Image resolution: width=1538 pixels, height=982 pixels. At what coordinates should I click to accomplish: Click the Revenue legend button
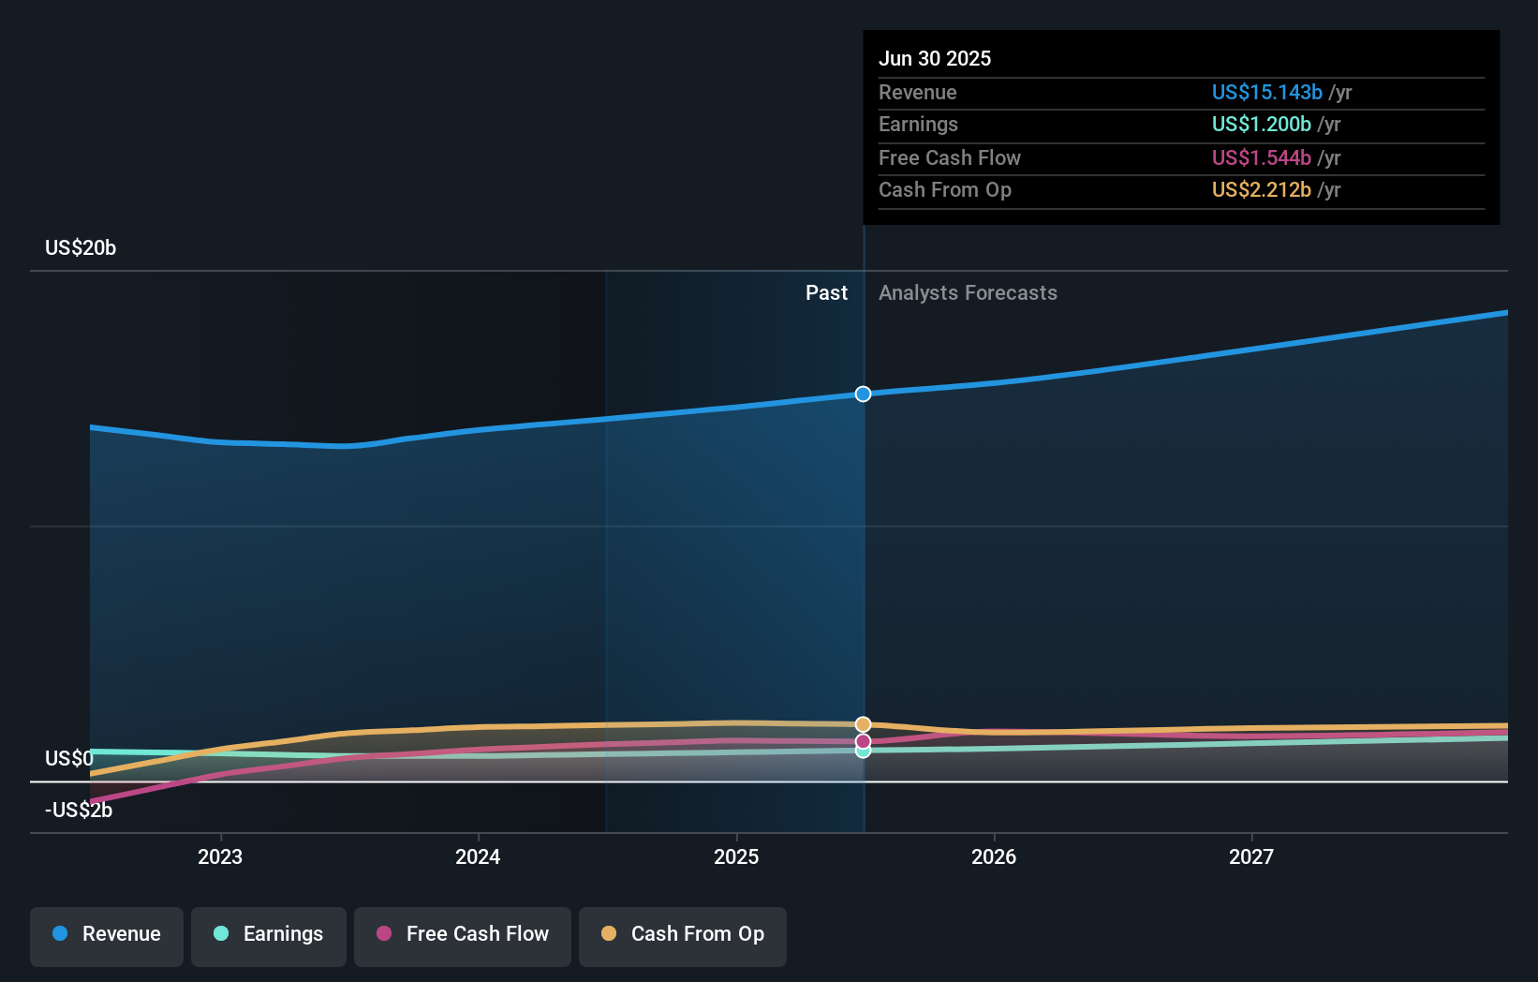point(107,935)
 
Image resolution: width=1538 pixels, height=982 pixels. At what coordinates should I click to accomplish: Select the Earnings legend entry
point(269,935)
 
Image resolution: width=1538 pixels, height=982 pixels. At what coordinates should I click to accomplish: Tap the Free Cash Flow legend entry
point(463,935)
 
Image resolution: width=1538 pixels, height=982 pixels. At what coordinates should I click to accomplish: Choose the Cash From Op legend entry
point(683,935)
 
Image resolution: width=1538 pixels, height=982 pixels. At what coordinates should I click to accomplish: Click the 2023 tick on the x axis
point(220,856)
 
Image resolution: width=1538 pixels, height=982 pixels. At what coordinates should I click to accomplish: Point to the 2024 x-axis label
point(478,856)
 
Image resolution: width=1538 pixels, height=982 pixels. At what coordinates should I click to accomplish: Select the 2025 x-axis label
point(736,856)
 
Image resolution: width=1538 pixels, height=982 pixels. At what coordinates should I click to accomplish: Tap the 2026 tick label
point(994,856)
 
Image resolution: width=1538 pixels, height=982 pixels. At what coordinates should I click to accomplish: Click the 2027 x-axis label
point(1251,856)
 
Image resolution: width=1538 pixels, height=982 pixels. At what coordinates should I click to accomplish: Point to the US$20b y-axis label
point(81,247)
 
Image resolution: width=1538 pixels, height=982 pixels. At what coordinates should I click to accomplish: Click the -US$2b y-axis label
point(79,810)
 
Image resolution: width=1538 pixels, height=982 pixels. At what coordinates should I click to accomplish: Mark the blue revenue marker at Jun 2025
point(863,394)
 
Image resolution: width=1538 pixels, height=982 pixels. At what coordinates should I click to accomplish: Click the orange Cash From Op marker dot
point(863,724)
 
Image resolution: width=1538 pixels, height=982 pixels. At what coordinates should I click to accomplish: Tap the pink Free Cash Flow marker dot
point(863,741)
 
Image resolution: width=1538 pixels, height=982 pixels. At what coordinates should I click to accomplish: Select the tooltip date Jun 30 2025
point(935,58)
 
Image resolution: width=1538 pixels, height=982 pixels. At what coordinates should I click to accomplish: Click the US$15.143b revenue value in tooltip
point(1266,92)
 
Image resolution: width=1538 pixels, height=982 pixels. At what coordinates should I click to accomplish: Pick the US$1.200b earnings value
point(1261,124)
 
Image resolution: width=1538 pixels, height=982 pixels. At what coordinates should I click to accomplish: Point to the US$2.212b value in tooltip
point(1261,189)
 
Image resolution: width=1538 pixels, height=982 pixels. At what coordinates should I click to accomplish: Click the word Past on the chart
point(826,292)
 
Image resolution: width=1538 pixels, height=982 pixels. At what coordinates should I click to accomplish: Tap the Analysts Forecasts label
point(968,292)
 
